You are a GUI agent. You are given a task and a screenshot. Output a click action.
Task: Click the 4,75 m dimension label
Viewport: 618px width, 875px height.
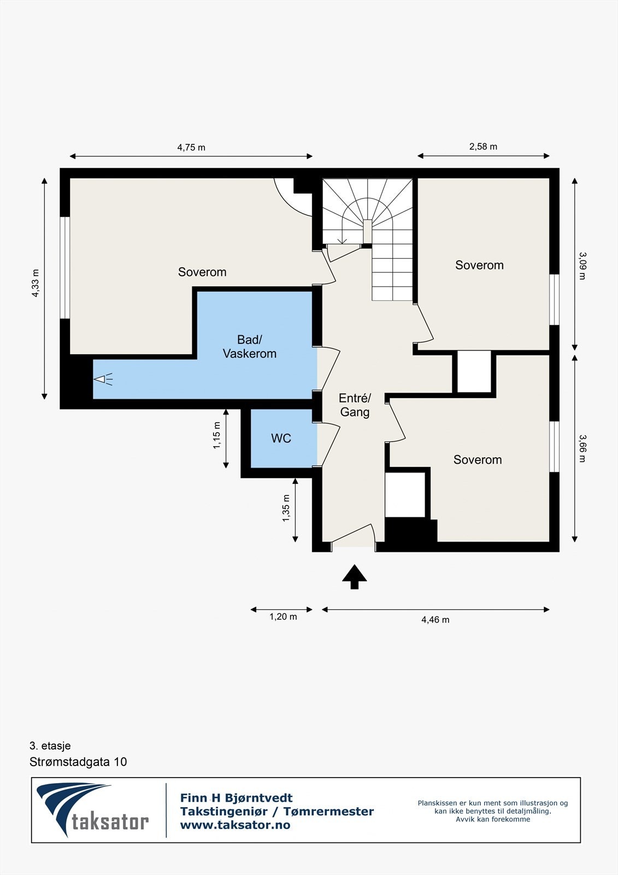coord(191,147)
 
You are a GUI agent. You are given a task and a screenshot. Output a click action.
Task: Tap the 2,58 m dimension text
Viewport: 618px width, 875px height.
coord(483,147)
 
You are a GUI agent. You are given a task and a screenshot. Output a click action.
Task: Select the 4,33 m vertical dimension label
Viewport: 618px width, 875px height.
coord(36,283)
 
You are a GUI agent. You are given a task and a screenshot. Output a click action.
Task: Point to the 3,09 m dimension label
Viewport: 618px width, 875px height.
coord(582,265)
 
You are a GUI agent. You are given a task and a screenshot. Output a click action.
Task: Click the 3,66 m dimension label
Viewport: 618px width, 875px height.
coord(582,448)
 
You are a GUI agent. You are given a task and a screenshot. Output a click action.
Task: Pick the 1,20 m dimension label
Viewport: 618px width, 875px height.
coord(283,617)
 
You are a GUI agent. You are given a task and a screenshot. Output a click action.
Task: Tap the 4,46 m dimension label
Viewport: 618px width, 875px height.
coord(435,620)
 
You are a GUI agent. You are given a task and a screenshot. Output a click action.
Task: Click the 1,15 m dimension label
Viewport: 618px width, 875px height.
coord(217,435)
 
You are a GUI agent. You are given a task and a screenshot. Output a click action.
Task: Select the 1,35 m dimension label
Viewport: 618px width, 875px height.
coord(286,508)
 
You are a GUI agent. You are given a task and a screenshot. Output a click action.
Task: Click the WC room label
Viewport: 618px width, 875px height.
coord(281,438)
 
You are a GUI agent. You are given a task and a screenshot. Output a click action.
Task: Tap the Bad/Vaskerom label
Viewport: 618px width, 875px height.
coord(249,347)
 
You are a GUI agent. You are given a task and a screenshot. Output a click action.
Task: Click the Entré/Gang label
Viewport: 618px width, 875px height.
coord(355,405)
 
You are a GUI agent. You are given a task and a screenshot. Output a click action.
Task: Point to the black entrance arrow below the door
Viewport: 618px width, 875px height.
coord(355,576)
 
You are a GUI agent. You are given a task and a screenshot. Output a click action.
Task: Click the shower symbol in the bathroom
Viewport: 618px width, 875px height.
coord(103,378)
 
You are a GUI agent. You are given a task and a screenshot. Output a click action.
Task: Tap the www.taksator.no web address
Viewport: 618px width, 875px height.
coord(235,825)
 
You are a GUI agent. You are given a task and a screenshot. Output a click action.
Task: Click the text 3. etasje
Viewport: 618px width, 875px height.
coord(50,745)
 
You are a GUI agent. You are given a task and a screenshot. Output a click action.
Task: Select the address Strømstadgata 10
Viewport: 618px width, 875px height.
coord(78,762)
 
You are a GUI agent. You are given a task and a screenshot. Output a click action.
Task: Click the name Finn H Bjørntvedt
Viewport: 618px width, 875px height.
coord(236,798)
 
